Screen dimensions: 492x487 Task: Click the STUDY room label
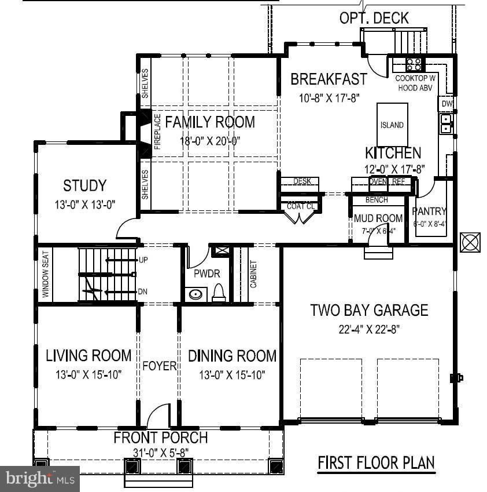point(84,186)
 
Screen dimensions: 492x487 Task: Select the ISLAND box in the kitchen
point(392,125)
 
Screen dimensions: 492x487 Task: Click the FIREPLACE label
point(157,132)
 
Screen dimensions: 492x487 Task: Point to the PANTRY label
point(429,212)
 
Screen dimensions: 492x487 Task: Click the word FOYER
point(159,366)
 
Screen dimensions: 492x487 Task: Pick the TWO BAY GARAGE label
point(368,310)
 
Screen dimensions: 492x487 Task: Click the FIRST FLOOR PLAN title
point(376,463)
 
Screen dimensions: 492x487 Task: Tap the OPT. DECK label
point(374,19)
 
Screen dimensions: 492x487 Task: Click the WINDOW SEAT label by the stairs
point(45,274)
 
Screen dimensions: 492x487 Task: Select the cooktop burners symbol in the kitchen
point(414,64)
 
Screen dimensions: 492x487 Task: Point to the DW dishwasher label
point(446,103)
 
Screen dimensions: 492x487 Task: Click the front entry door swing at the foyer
point(157,416)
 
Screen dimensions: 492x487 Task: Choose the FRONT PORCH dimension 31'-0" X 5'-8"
point(160,452)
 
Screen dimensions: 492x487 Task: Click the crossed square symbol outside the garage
point(470,242)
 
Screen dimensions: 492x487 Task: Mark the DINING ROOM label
point(232,355)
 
